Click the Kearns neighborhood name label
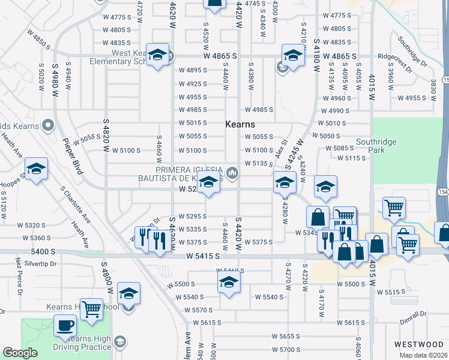240,125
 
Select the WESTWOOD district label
418,344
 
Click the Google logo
20,353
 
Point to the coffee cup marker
64,326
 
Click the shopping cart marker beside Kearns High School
91,309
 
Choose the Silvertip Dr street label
41,263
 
